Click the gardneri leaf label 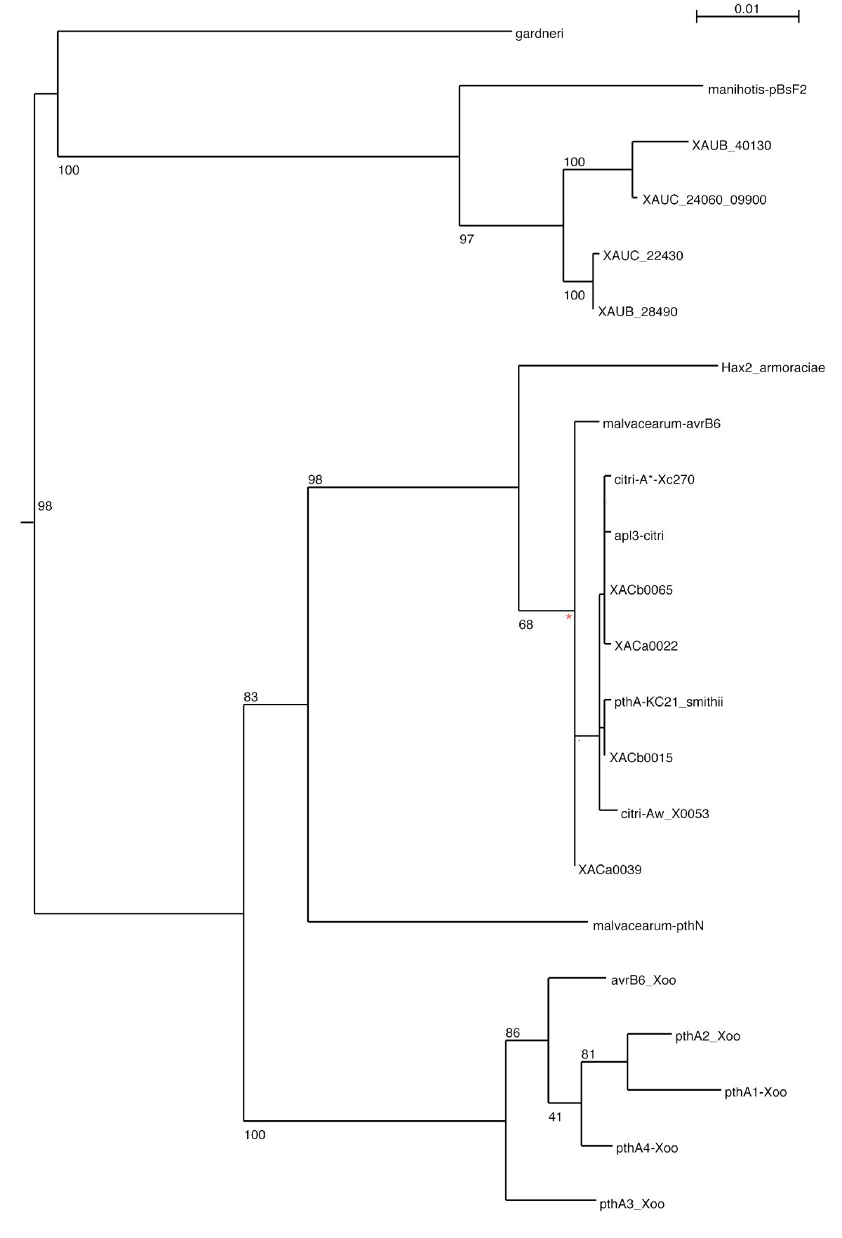click(539, 34)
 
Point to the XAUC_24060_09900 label click(704, 200)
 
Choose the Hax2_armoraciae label click(773, 368)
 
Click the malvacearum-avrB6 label click(661, 424)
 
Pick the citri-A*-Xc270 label click(654, 480)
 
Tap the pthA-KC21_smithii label click(668, 702)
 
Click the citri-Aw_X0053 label click(664, 814)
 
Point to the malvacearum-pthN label click(648, 926)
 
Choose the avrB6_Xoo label click(643, 981)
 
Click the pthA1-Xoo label click(755, 1092)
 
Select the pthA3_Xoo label click(631, 1204)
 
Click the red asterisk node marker click(569, 618)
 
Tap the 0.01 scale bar click(747, 16)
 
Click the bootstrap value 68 click(526, 625)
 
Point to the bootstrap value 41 click(555, 1117)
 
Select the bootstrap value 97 click(467, 240)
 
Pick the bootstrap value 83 click(250, 697)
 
